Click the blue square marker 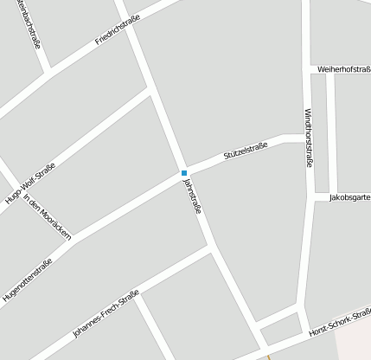pos(183,173)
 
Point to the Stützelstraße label pos(246,149)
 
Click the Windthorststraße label pos(309,137)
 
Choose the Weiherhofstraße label pos(344,68)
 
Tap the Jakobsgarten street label pos(349,197)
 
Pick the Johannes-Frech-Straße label pos(106,316)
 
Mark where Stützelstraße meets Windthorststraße pos(308,138)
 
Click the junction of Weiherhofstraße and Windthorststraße pos(309,68)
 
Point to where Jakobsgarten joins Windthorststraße pos(309,197)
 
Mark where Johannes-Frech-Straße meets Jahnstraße pos(210,248)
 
